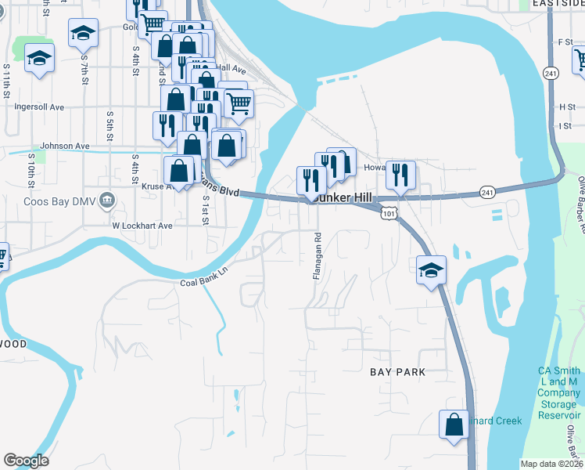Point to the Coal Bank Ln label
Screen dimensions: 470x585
[x=209, y=279]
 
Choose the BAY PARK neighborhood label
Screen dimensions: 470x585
[x=398, y=373]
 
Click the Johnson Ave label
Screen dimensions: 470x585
[x=66, y=146]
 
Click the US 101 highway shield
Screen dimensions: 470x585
[x=389, y=212]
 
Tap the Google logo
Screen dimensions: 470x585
[x=26, y=461]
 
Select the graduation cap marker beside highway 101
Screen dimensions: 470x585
[x=431, y=270]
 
